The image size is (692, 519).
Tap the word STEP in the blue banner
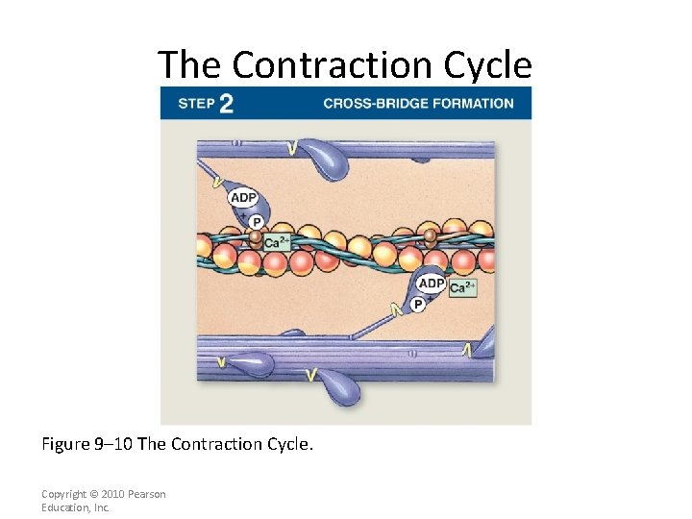coord(196,103)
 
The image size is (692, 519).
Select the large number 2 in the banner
coord(226,103)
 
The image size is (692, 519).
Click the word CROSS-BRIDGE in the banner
coord(368,103)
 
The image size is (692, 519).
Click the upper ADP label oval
coord(243,198)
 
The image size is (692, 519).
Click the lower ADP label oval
coord(432,284)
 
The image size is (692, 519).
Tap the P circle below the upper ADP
coord(257,221)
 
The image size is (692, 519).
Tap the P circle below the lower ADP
coord(417,305)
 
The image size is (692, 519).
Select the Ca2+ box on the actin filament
coord(276,243)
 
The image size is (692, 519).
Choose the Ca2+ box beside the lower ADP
coord(462,287)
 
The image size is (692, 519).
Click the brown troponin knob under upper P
coord(255,235)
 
